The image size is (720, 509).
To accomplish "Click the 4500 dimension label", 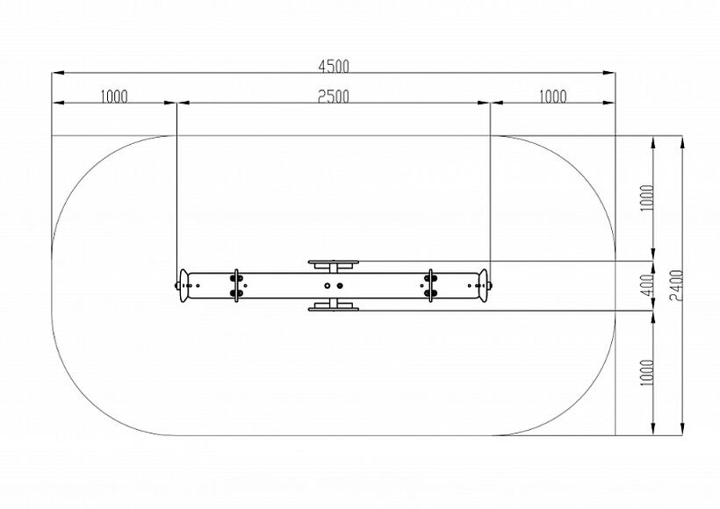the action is coord(334,66).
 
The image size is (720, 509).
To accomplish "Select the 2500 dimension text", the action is coord(334,97).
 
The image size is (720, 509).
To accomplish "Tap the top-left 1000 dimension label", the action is coord(114,97).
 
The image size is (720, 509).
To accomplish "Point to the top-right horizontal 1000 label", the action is coord(552,97).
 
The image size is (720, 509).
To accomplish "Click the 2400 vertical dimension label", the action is coord(676,285).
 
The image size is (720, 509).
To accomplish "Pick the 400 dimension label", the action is coord(646,285).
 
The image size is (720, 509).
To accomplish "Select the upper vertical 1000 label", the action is coord(646,197).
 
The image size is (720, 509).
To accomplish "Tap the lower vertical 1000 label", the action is coord(646,372).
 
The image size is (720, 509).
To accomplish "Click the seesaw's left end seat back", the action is coord(184,285).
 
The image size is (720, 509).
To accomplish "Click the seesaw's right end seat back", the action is coord(483,285).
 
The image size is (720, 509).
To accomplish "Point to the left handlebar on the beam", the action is coord(236,285).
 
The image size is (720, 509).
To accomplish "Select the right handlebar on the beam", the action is coord(430,285).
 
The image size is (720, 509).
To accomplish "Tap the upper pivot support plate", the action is coord(334,263).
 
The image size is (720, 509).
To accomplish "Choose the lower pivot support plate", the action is coord(334,307).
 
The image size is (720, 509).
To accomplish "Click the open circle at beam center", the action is coord(327,285).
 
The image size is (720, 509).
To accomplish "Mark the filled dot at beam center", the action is coord(340,285).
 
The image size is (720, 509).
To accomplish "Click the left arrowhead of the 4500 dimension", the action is coord(58,73).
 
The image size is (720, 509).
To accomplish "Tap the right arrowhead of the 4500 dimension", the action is coord(608,73).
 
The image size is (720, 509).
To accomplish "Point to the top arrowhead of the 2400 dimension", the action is coord(683,142).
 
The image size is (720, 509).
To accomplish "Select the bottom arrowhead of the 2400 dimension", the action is coord(683,428).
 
